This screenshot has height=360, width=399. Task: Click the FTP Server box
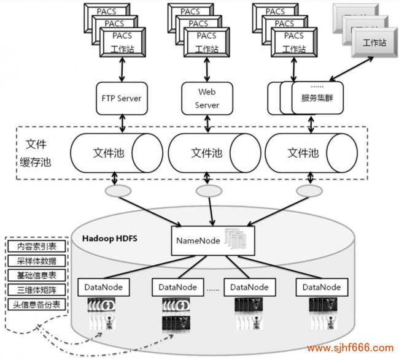click(122, 98)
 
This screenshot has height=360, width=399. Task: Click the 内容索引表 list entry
click(36, 247)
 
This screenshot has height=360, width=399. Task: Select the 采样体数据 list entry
click(36, 261)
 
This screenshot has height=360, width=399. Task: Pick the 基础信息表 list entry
click(36, 276)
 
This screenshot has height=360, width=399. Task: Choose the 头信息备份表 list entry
click(36, 305)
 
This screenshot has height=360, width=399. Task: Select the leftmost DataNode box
click(101, 286)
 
